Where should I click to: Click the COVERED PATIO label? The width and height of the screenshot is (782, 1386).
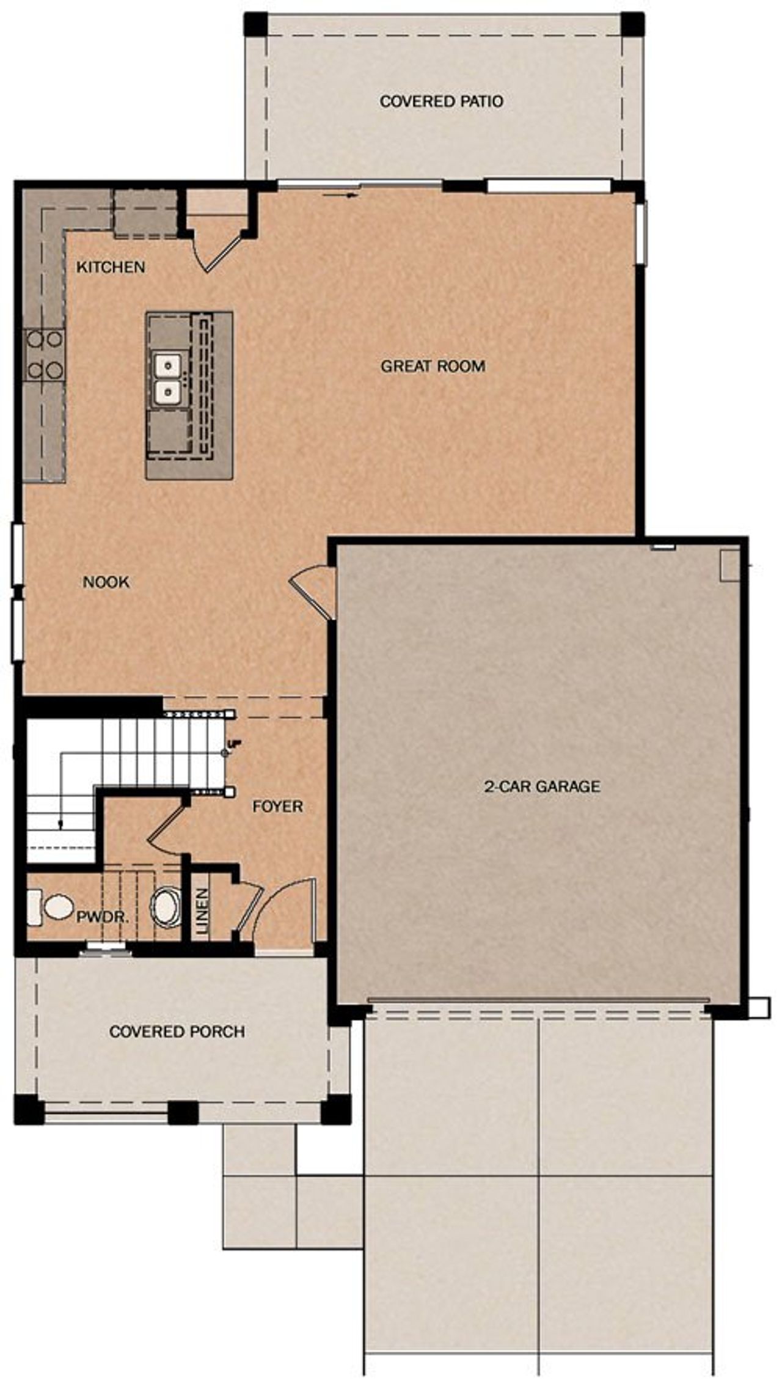pyautogui.click(x=441, y=101)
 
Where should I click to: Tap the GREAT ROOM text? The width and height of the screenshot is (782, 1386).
pyautogui.click(x=433, y=367)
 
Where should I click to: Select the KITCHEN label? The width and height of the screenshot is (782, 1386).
pyautogui.click(x=111, y=267)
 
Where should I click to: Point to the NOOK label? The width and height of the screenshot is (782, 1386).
pyautogui.click(x=106, y=582)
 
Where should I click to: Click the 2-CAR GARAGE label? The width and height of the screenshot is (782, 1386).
pyautogui.click(x=542, y=786)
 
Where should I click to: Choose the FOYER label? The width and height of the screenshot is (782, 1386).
pyautogui.click(x=277, y=807)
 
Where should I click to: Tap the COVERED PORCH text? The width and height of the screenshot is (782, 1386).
pyautogui.click(x=177, y=1032)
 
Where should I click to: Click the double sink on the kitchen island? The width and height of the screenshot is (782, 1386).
pyautogui.click(x=167, y=379)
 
